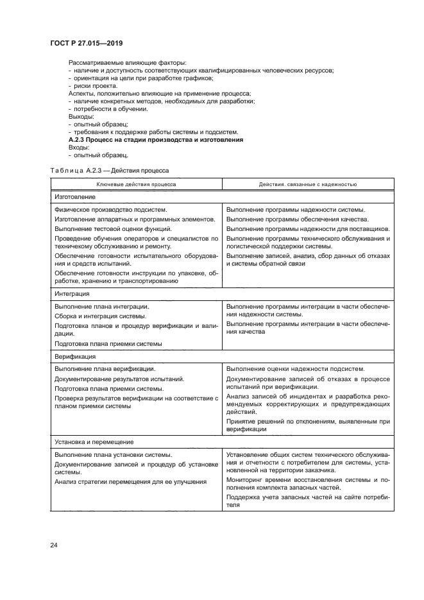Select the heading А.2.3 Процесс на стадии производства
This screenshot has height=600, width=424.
[x=155, y=139]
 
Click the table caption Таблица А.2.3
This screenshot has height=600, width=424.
[x=110, y=171]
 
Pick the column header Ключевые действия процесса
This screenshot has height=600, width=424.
[x=136, y=184]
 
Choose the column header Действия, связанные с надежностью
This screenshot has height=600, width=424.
[x=307, y=184]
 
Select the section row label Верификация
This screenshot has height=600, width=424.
[x=75, y=356]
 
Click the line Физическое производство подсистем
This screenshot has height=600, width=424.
[x=110, y=210]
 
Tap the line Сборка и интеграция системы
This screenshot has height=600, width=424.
[x=100, y=316]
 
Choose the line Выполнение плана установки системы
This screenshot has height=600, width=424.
[x=113, y=454]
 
